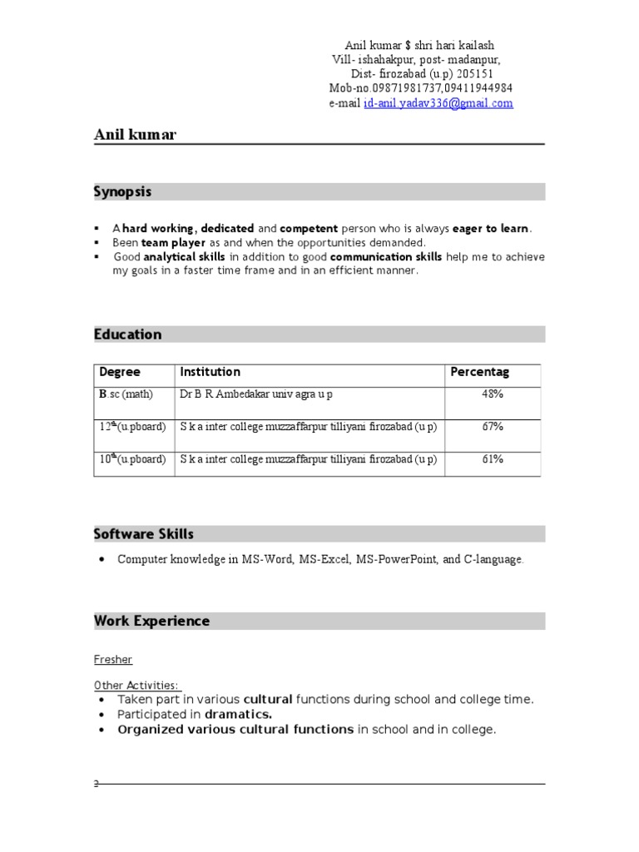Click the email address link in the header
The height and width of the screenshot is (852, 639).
click(x=438, y=104)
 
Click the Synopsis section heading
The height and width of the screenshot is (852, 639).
click(x=122, y=192)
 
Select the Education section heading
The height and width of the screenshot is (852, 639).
click(x=127, y=334)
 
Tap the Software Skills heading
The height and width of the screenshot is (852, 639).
click(x=144, y=534)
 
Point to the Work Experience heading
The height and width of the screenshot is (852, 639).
click(x=151, y=622)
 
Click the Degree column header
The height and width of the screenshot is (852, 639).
click(x=120, y=372)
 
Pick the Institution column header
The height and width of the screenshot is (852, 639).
click(x=210, y=372)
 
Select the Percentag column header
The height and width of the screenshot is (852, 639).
click(x=480, y=372)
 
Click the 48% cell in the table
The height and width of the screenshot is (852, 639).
click(x=492, y=394)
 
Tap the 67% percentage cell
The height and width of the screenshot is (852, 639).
click(x=492, y=427)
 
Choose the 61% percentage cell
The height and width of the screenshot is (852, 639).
click(x=492, y=459)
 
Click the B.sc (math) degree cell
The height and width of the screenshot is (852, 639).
click(x=126, y=394)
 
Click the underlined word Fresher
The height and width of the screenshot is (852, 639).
click(x=112, y=660)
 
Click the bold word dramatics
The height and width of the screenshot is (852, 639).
click(x=239, y=715)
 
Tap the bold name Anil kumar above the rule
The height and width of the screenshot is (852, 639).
click(x=135, y=135)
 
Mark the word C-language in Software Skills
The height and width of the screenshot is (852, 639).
click(x=493, y=560)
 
